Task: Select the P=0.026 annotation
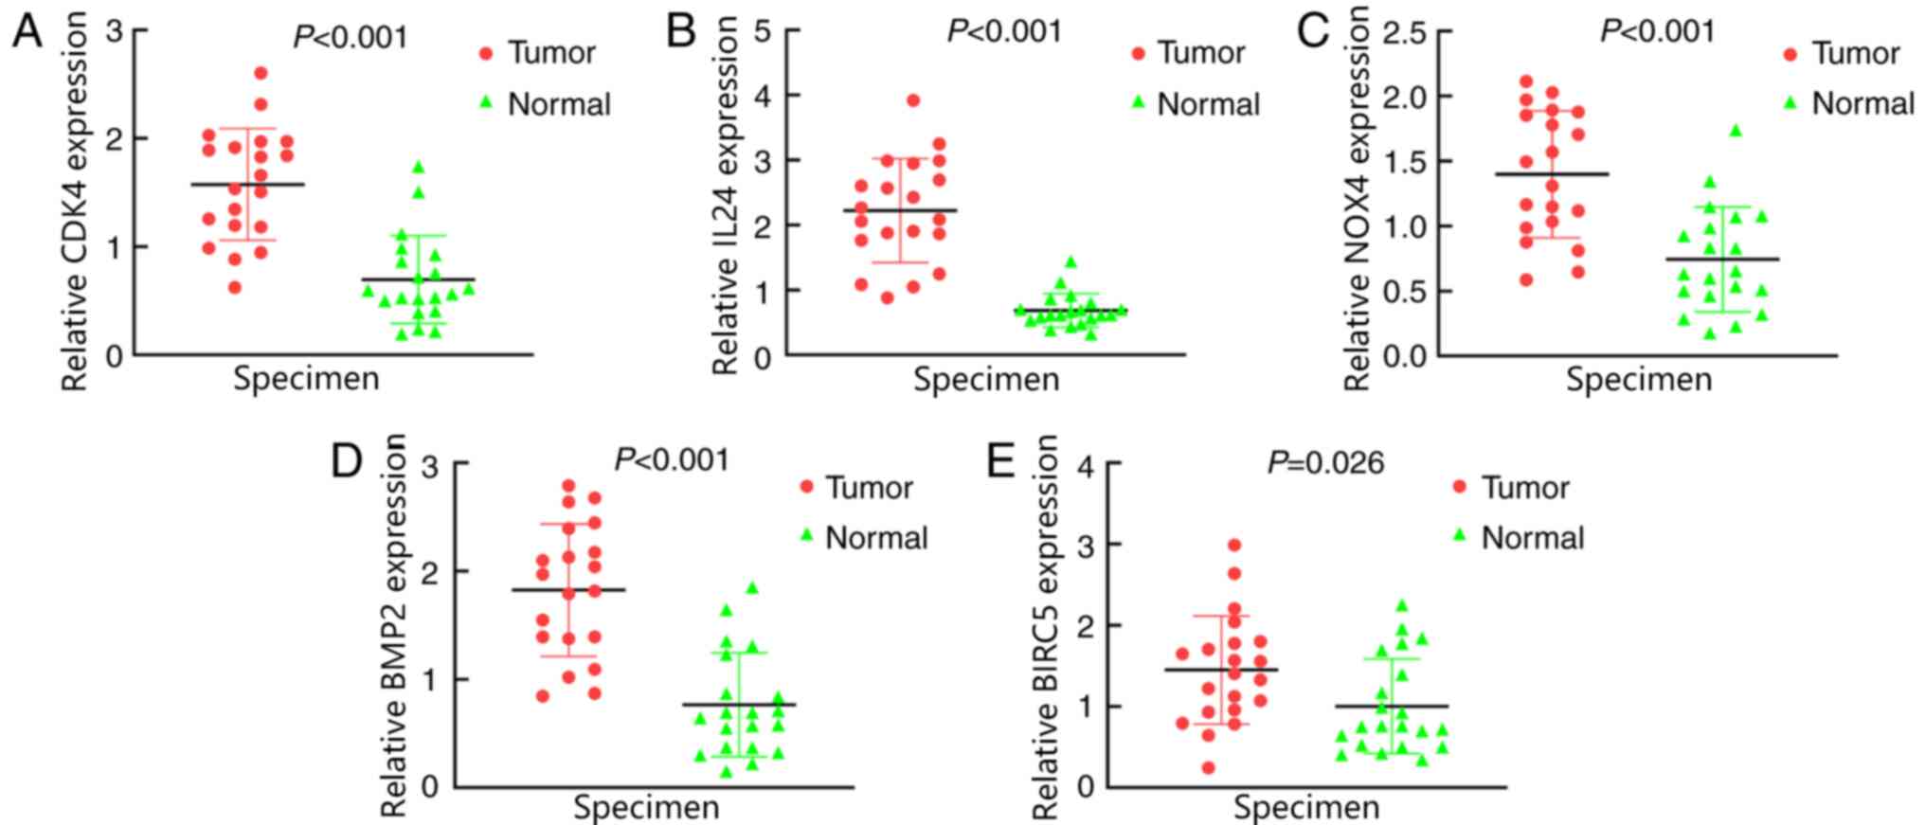point(1325,463)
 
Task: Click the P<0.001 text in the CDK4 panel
point(351,37)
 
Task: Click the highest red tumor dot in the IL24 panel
point(913,100)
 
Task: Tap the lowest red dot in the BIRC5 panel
point(1209,767)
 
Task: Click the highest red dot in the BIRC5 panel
point(1234,545)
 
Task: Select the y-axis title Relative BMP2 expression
point(394,625)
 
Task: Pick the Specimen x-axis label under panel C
point(1639,380)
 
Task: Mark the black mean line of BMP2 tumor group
point(568,590)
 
